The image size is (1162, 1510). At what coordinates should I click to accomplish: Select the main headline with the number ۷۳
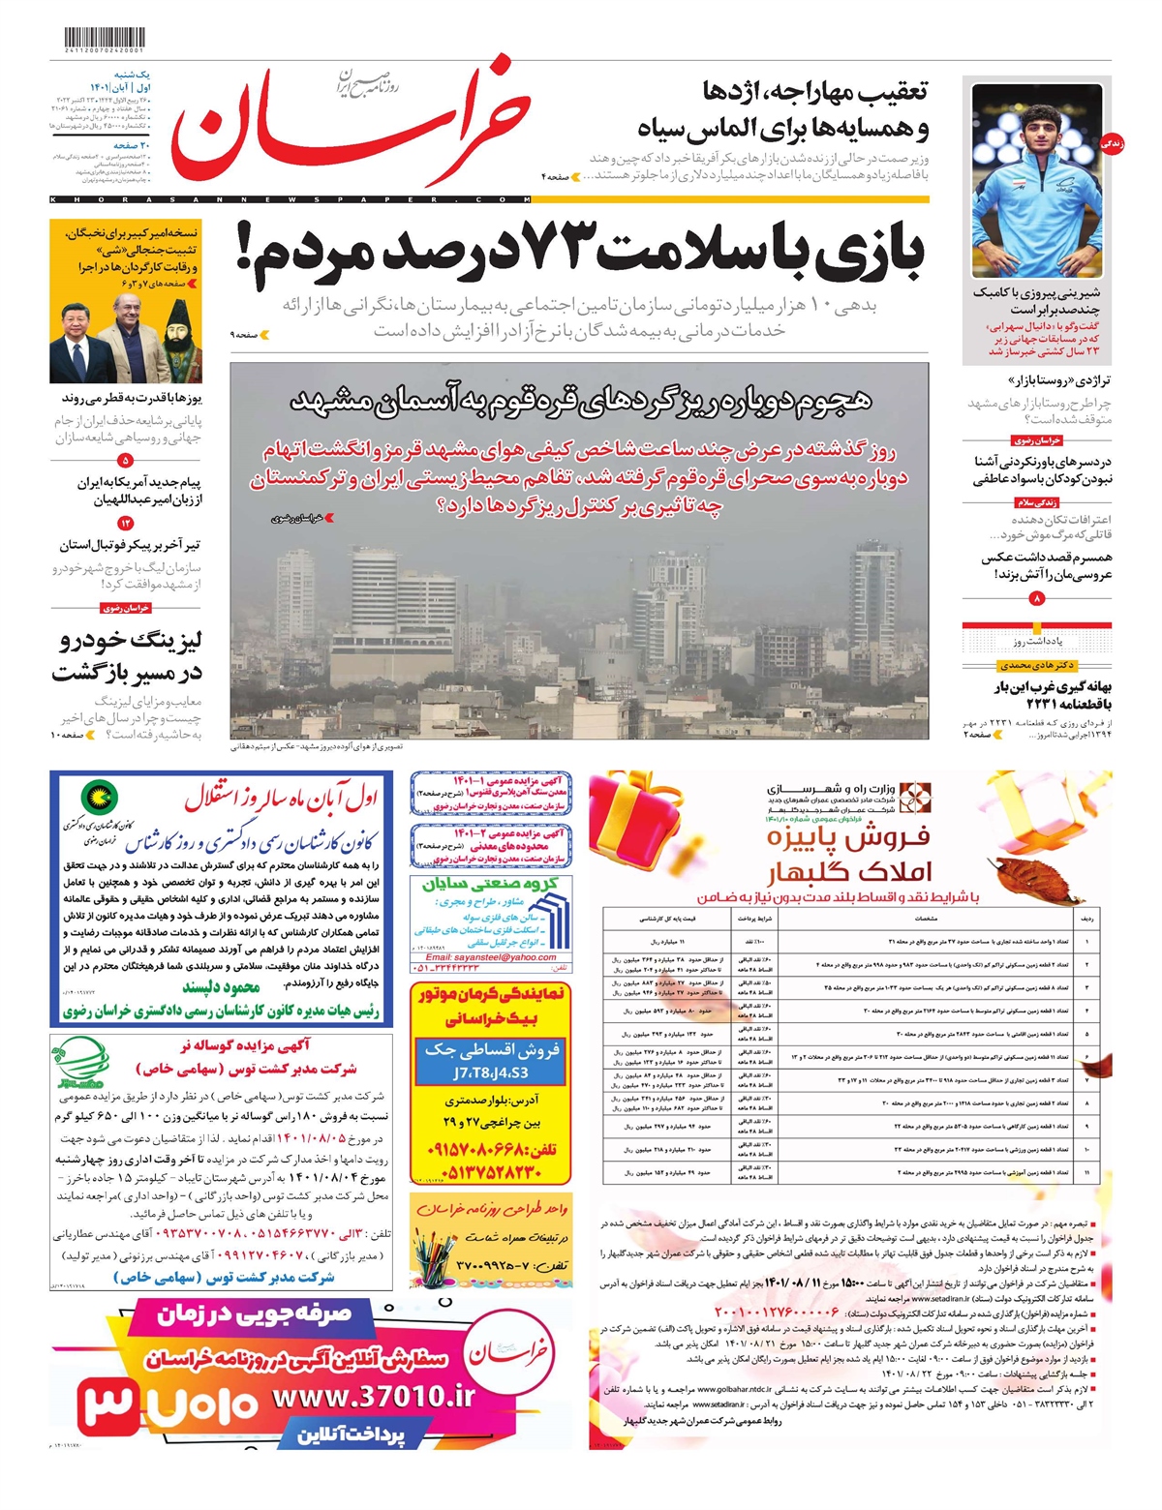tap(581, 254)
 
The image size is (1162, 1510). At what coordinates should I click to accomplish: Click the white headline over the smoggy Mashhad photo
tap(580, 400)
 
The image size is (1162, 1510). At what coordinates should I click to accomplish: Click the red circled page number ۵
tap(125, 462)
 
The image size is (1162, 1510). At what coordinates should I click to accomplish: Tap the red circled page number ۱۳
tap(125, 524)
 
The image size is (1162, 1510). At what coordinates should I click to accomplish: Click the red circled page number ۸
tap(1037, 599)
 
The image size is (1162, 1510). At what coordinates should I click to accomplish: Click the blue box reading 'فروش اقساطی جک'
tap(491, 1060)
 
